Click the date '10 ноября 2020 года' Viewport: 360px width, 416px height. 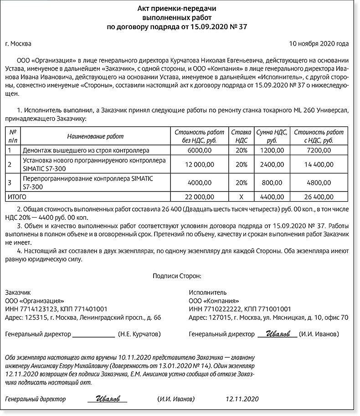click(319, 44)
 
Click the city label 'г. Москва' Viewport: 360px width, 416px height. click(18, 44)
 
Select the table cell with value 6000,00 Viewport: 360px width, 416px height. click(200, 150)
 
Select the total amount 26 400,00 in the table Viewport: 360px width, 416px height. click(319, 197)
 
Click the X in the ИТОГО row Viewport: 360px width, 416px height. click(241, 197)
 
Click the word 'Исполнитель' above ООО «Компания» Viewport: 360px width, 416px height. click(207, 292)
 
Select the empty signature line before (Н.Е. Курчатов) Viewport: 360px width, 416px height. click(94, 335)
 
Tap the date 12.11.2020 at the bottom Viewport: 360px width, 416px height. click(242, 399)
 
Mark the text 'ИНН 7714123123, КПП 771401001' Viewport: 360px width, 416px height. click(56, 309)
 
